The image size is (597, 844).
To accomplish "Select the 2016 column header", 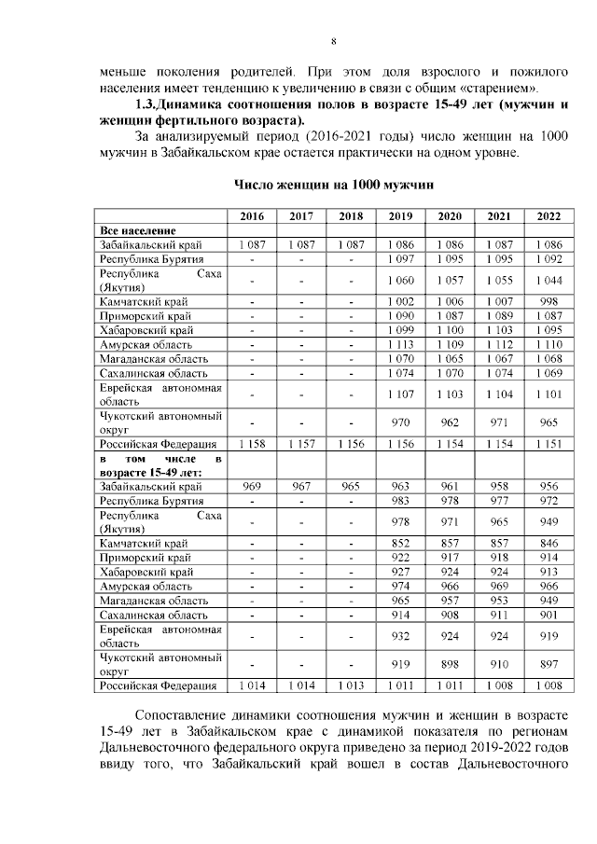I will point(252,215).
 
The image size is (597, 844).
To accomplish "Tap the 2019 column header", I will point(401,215).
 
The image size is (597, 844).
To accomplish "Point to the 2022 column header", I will point(548,215).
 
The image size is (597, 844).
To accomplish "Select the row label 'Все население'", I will point(139,229).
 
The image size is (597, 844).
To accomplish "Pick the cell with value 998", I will point(548,303).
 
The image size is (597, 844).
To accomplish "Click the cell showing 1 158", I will point(252,445).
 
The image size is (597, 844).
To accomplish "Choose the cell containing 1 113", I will point(401,344).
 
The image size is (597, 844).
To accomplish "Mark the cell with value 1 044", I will point(548,280).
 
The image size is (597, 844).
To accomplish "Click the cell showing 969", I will point(252,487).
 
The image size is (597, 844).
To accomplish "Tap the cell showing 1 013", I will point(352,686).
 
